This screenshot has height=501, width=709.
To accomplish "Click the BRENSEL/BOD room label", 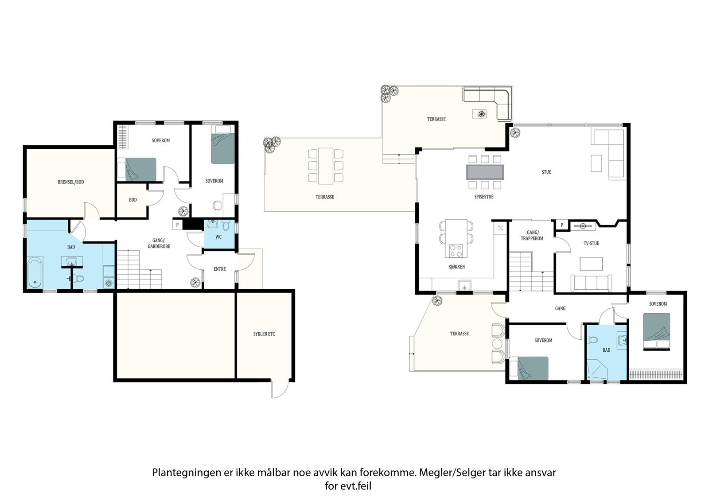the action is click(70, 182).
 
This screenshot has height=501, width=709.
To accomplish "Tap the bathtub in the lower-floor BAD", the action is click(35, 272).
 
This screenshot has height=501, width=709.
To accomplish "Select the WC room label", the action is click(218, 237).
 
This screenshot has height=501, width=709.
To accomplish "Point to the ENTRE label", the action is click(220, 269).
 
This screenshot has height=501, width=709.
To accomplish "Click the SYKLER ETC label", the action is click(264, 334).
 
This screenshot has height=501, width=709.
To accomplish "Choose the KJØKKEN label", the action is click(456, 267).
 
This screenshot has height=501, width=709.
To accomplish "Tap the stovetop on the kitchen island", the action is click(456, 251).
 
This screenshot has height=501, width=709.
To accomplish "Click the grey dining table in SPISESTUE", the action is click(485, 172).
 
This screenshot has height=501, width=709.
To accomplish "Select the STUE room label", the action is click(546, 172).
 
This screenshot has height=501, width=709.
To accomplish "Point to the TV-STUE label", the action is click(591, 243).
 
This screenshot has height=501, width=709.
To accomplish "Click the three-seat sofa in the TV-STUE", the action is click(591, 283).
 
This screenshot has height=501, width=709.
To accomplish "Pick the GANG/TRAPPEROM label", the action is click(532, 236).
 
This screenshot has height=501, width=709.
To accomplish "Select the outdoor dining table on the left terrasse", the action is click(326, 166).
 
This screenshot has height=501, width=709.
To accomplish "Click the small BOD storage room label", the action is click(132, 200).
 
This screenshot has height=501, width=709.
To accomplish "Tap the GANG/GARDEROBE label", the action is click(159, 243).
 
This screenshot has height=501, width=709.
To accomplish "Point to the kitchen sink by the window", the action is click(464, 285).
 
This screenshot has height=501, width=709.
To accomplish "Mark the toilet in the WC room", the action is click(226, 226).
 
